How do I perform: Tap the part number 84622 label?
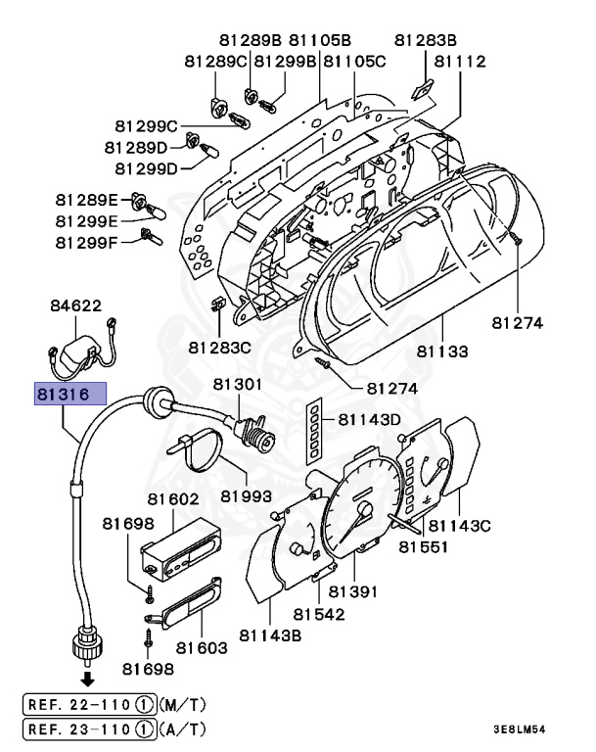click(x=75, y=305)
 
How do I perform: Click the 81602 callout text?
click(x=173, y=498)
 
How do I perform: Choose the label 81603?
click(x=202, y=647)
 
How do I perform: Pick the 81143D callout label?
click(x=370, y=419)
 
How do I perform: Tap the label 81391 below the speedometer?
click(x=352, y=591)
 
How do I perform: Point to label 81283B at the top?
click(x=426, y=40)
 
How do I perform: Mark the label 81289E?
click(x=86, y=200)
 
